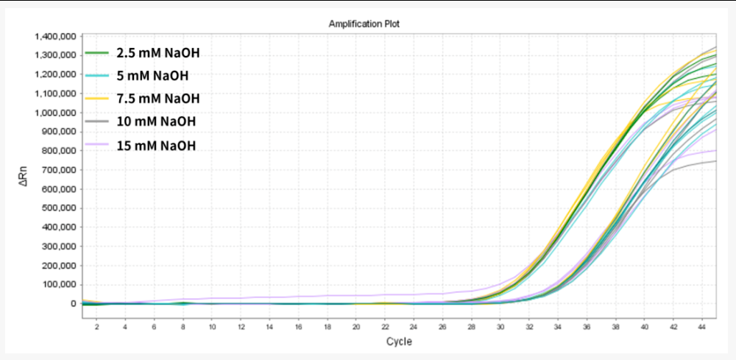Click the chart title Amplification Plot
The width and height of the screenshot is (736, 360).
click(x=364, y=24)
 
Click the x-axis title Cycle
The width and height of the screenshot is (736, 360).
click(x=399, y=342)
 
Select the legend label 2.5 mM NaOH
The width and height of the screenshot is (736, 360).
click(x=158, y=53)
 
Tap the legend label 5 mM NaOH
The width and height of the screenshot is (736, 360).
click(x=152, y=76)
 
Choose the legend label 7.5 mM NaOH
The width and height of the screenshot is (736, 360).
click(x=158, y=99)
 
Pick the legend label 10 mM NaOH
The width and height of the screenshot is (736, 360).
click(x=155, y=121)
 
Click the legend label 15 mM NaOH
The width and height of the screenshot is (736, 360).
click(x=155, y=145)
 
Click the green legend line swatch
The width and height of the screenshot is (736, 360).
click(x=97, y=53)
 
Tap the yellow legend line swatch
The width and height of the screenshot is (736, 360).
click(x=97, y=99)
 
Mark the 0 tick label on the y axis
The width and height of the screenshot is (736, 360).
click(x=73, y=303)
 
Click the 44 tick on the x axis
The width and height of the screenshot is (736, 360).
click(x=702, y=325)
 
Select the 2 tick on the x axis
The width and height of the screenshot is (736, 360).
click(x=96, y=325)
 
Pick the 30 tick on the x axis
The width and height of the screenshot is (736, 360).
click(x=500, y=325)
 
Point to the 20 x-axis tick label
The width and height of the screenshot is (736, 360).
click(x=356, y=325)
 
